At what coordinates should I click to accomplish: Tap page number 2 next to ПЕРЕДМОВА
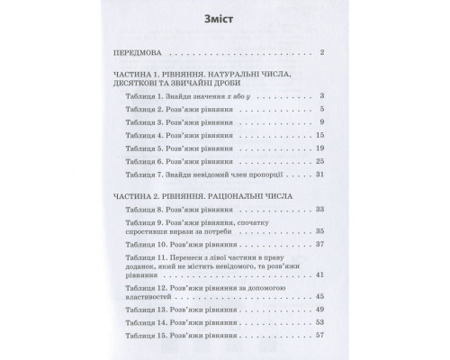[x=334, y=54]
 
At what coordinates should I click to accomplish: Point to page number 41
[x=332, y=299]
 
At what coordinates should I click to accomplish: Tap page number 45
[x=332, y=319]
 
